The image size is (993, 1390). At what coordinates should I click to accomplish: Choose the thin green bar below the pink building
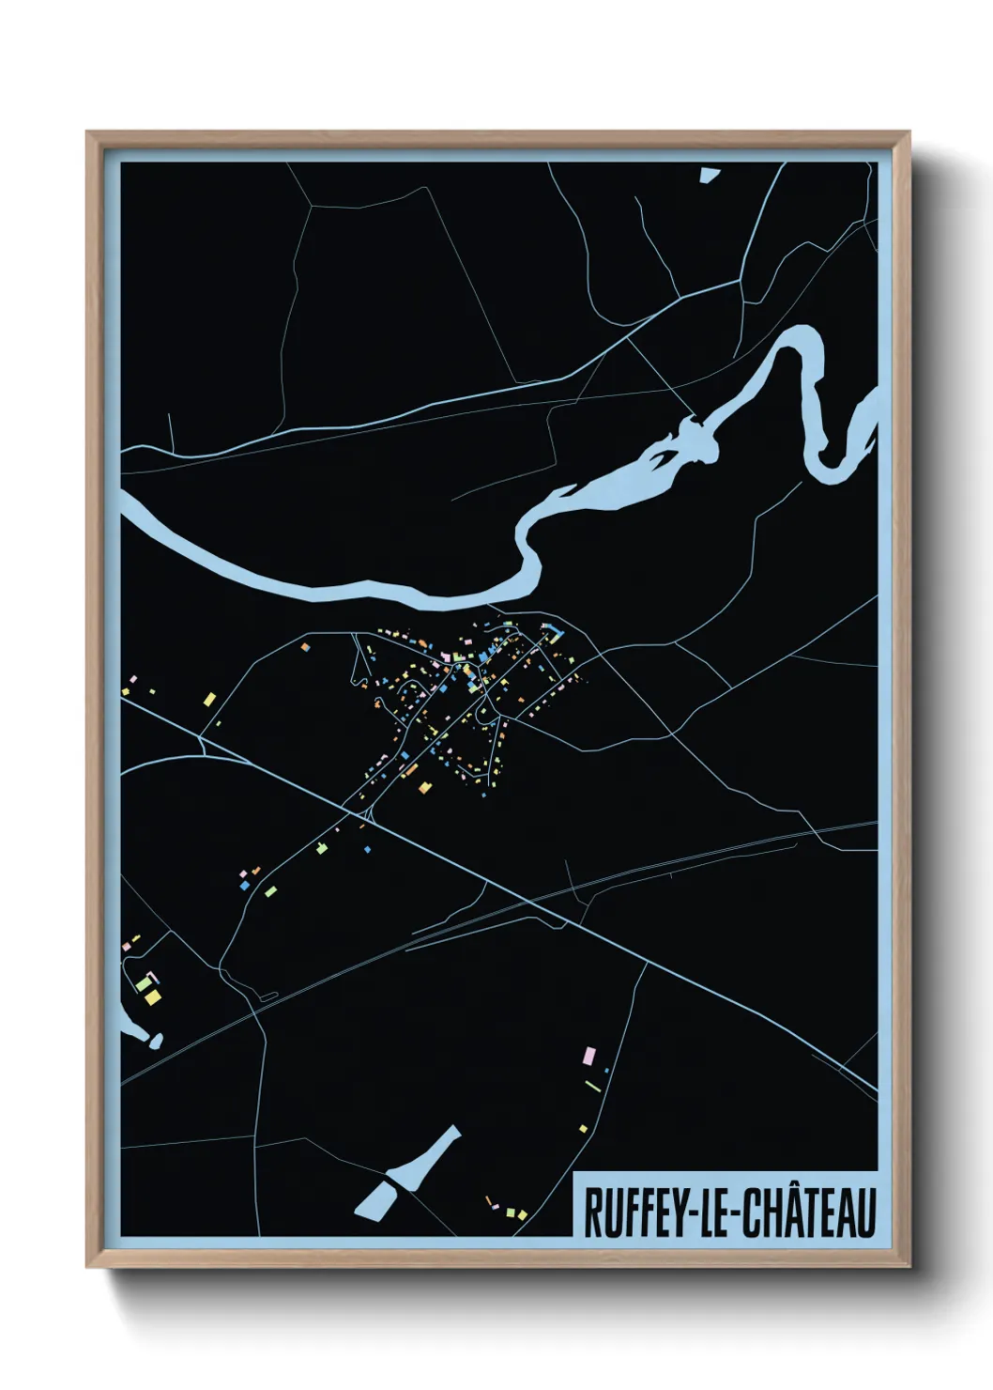click(x=592, y=1087)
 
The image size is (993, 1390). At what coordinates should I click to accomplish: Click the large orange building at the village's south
click(x=424, y=785)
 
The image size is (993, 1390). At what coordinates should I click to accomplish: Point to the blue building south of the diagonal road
click(x=368, y=849)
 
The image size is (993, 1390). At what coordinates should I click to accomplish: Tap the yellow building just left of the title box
click(x=521, y=1213)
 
